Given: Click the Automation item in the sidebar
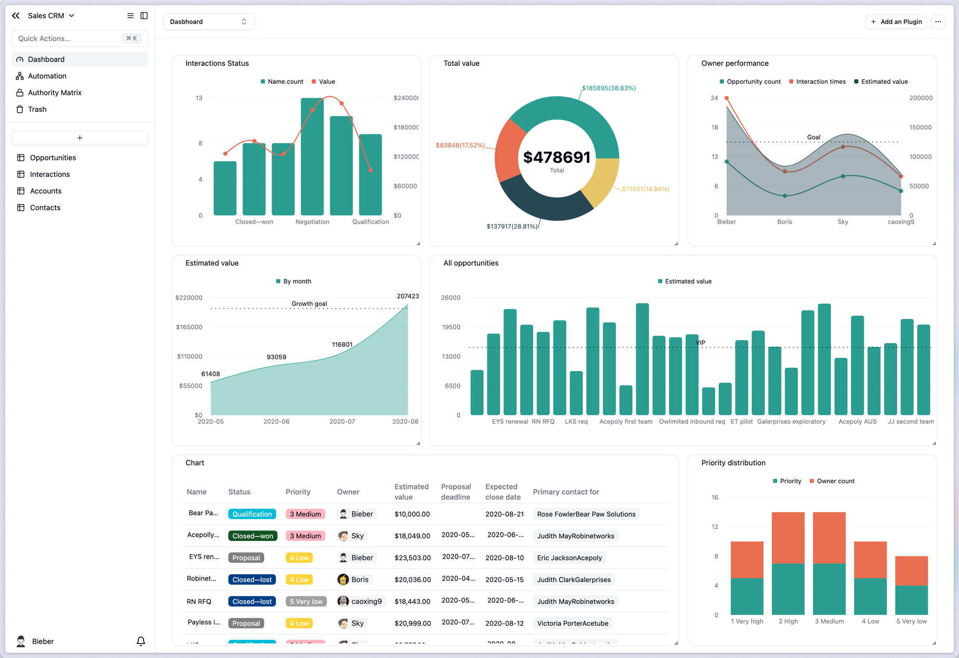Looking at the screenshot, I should pyautogui.click(x=47, y=76).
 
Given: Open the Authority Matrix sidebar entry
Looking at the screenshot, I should pyautogui.click(x=55, y=93).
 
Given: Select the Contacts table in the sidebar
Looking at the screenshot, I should pyautogui.click(x=45, y=208).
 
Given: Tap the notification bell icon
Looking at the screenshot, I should pyautogui.click(x=140, y=641).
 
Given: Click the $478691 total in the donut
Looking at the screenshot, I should pyautogui.click(x=556, y=157).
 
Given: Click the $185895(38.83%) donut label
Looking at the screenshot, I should pyautogui.click(x=608, y=88).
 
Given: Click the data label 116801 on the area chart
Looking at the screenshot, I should pyautogui.click(x=342, y=344).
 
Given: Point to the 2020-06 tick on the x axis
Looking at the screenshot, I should pyautogui.click(x=276, y=421).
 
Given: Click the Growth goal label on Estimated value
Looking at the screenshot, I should pyautogui.click(x=309, y=304).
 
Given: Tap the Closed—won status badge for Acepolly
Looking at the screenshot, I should pyautogui.click(x=252, y=536).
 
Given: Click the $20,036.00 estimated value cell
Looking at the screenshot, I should pyautogui.click(x=412, y=579).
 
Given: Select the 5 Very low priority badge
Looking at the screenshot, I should pyautogui.click(x=306, y=601).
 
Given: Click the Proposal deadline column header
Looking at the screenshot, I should pyautogui.click(x=456, y=492).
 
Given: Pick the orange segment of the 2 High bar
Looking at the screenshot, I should pyautogui.click(x=788, y=537).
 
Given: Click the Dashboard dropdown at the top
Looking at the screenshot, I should pyautogui.click(x=209, y=22).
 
